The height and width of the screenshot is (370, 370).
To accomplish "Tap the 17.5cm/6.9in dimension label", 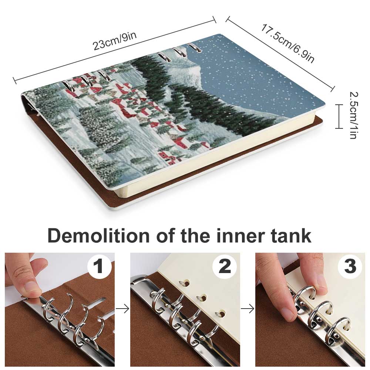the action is coord(288,44).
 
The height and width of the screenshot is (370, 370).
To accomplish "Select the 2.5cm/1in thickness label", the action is coord(353,115).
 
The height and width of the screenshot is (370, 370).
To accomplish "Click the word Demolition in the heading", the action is coord(99,235).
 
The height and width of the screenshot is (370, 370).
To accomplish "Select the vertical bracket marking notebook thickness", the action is coord(339,116).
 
